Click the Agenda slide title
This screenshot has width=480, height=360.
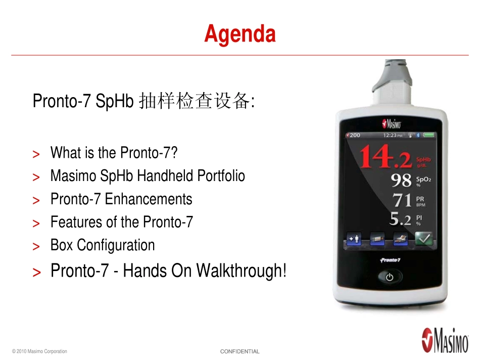tap(240, 34)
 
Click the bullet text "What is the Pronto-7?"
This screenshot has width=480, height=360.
tap(114, 152)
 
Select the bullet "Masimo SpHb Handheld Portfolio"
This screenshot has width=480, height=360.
tap(148, 176)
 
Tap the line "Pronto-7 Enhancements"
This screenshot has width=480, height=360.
tap(121, 199)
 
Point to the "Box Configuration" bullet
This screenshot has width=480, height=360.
tap(103, 246)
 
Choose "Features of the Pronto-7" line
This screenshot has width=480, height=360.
tap(122, 222)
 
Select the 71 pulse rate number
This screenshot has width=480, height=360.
tap(402, 200)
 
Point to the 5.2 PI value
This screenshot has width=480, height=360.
tap(400, 219)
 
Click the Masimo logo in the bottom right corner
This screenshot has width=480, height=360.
tap(445, 339)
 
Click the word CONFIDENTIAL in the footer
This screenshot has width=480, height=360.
tap(240, 351)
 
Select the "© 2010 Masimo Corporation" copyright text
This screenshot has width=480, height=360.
tap(39, 351)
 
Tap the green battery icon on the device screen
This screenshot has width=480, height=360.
tap(428, 136)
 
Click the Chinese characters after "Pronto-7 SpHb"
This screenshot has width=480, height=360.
tap(194, 102)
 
